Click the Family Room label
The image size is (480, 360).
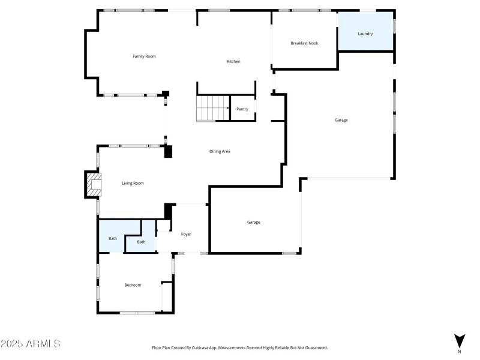pos(144,56)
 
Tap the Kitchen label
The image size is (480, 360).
pos(233,62)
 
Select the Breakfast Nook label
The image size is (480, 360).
pos(304,43)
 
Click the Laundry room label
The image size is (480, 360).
pos(365,34)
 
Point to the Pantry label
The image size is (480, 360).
pos(242,109)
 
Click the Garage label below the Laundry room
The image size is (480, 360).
pos(341,120)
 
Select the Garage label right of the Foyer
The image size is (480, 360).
pos(253,223)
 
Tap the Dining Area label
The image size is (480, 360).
pos(220,151)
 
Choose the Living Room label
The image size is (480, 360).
pos(133,183)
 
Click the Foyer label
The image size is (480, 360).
pos(186,234)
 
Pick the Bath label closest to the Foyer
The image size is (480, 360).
pos(141,242)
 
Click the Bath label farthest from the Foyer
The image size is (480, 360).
pos(113,239)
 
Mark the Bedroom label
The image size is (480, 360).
pos(133,285)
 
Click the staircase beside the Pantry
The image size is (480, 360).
pos(213,108)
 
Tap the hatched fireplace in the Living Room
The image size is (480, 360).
pos(92,184)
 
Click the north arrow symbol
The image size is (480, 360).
pos(460,340)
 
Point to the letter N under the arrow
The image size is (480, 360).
pos(460,352)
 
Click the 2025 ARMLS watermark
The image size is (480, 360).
pos(30,344)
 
